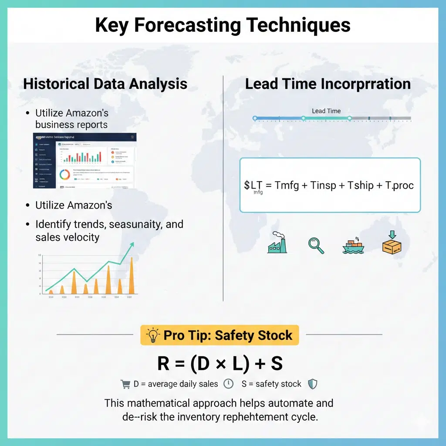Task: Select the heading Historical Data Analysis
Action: click(x=105, y=84)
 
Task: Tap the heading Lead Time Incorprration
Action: click(x=328, y=84)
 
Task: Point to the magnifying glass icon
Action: click(x=316, y=245)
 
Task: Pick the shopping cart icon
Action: click(x=125, y=384)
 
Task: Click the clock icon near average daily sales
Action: click(x=228, y=384)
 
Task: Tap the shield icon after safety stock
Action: click(x=312, y=384)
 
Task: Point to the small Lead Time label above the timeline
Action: click(x=326, y=111)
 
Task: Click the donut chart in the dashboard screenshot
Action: click(x=64, y=174)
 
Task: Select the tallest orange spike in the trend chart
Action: click(x=132, y=275)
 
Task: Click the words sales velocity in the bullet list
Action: click(x=68, y=237)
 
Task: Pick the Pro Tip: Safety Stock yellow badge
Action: click(x=220, y=335)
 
